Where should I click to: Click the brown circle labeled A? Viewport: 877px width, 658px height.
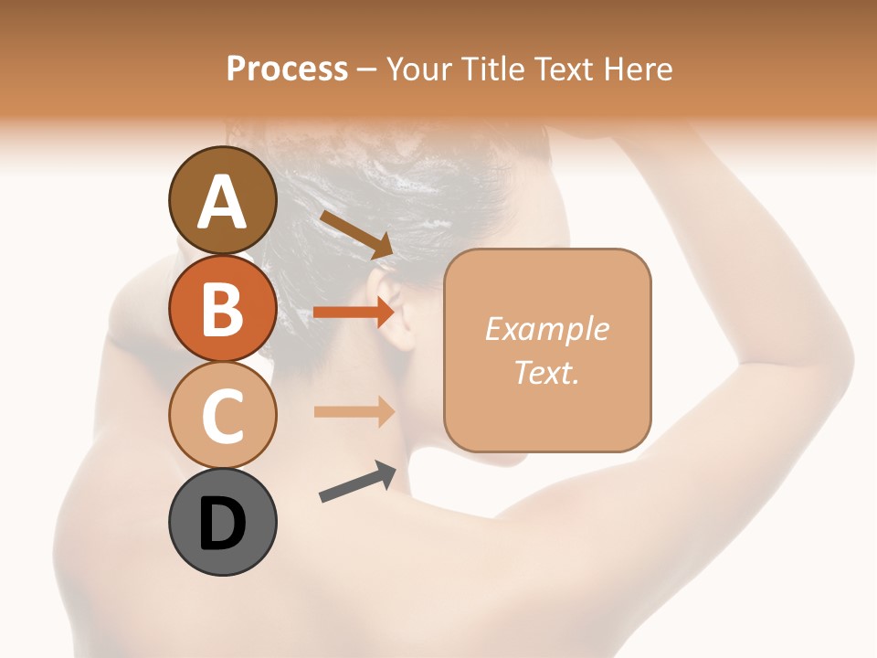click(x=222, y=201)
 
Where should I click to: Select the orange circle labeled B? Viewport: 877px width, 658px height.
click(x=222, y=308)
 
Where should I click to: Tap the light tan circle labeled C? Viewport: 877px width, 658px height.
click(x=222, y=415)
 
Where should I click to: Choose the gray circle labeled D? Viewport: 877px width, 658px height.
click(x=222, y=522)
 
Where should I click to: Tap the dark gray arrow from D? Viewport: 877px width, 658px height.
click(x=357, y=482)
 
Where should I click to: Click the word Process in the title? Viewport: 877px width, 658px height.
click(x=287, y=69)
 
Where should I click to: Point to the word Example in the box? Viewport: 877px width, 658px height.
click(x=546, y=329)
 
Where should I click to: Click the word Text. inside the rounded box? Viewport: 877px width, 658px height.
click(x=546, y=372)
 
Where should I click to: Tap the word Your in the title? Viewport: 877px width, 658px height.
click(x=419, y=69)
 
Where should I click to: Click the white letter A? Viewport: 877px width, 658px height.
click(x=222, y=202)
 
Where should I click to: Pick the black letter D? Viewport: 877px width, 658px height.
click(x=222, y=524)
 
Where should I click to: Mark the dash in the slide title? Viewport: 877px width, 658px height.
click(x=366, y=70)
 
